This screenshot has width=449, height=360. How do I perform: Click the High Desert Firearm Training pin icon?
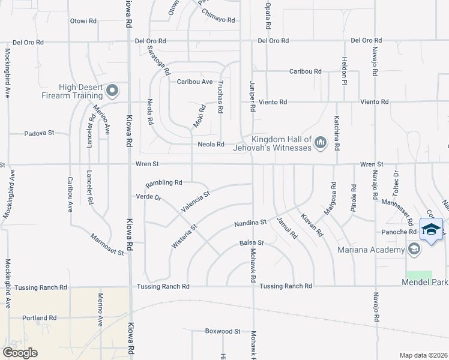112,91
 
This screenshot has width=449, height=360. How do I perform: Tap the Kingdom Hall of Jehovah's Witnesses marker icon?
320,142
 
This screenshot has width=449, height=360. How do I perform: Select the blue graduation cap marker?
431,230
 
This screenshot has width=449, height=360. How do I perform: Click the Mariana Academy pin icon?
414,248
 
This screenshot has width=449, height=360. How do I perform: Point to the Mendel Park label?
426,282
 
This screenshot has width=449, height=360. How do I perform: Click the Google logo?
20,352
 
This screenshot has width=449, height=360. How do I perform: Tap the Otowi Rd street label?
83,21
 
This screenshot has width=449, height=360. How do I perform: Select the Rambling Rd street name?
163,182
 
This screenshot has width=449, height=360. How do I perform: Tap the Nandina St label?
250,223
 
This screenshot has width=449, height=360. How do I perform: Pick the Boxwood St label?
222,331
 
